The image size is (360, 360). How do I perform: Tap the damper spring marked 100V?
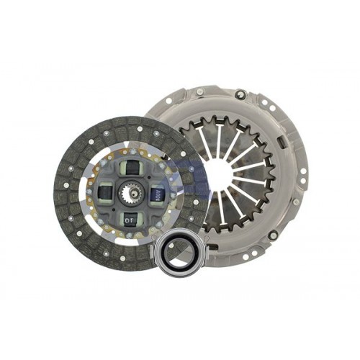156,195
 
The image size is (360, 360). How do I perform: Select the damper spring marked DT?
130,219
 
